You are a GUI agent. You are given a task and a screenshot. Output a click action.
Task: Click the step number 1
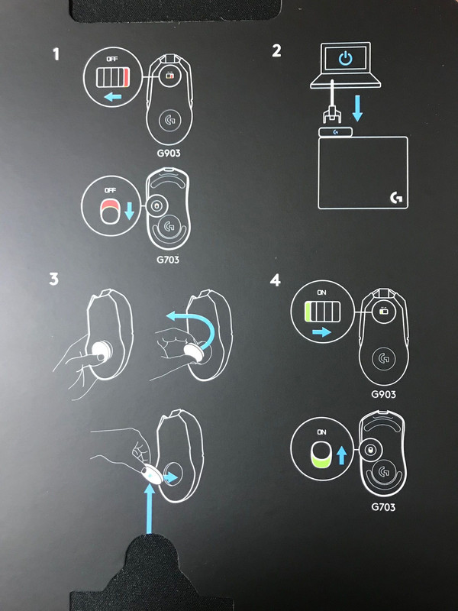tap(56, 54)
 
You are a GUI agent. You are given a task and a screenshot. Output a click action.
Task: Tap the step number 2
tap(276, 50)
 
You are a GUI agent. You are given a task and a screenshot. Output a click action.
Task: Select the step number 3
tap(53, 279)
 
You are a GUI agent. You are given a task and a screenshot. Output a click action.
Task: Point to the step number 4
tap(276, 280)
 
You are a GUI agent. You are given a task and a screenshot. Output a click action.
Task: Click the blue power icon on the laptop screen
tap(346, 59)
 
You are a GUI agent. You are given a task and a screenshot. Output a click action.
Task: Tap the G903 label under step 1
tap(169, 154)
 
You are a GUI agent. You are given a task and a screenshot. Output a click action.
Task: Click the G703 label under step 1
tap(168, 260)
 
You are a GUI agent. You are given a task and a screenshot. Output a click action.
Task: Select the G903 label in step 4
tap(383, 394)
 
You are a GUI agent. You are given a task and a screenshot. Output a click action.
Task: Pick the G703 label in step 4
tap(383, 507)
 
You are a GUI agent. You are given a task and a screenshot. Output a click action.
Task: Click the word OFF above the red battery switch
tap(112, 60)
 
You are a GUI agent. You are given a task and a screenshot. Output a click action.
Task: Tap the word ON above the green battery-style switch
tap(321, 293)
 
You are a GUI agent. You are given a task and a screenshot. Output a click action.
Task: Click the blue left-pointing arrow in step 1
tap(113, 96)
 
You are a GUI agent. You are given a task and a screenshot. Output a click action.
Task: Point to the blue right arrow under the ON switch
tap(321, 332)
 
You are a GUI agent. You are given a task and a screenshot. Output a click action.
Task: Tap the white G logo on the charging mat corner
tap(396, 198)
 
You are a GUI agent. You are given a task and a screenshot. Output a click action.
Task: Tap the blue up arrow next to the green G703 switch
tap(341, 455)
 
